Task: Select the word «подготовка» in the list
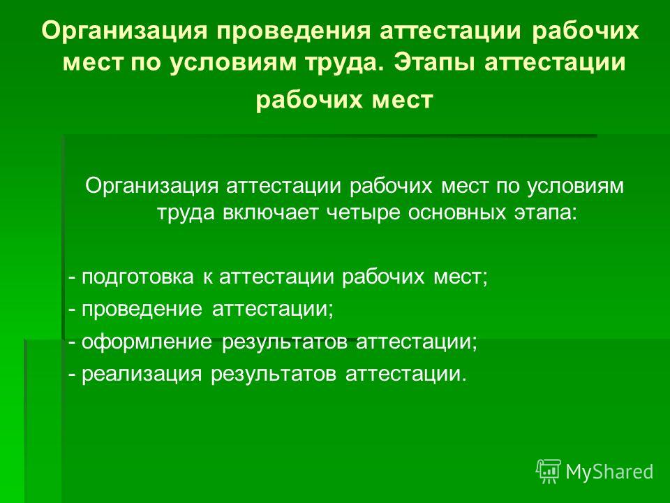(137, 277)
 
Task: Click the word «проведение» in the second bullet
(142, 309)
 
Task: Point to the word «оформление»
(147, 341)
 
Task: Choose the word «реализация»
(142, 374)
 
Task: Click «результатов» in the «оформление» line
(285, 342)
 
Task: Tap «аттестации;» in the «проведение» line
(273, 309)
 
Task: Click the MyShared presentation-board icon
(549, 472)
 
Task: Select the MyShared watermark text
(609, 472)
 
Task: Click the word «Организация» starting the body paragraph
(151, 187)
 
